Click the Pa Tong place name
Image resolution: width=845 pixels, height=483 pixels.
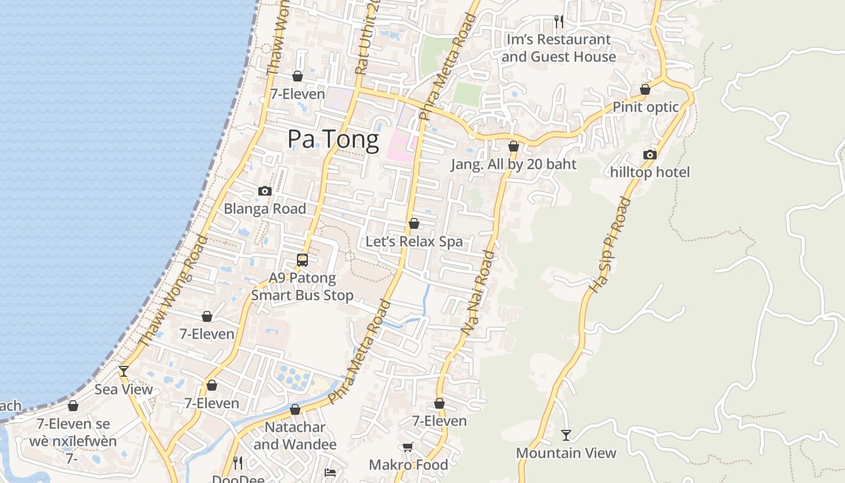[333, 139]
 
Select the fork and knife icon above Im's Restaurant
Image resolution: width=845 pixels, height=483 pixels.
[559, 22]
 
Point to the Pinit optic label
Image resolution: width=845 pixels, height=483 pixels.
[646, 107]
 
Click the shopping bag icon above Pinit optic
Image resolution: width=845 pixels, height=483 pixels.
[645, 90]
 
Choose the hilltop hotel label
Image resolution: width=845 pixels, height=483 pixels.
[649, 172]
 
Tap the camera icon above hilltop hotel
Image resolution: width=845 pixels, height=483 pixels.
[650, 155]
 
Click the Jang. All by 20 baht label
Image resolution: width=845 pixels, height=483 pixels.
[514, 164]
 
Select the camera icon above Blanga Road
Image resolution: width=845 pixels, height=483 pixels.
[265, 191]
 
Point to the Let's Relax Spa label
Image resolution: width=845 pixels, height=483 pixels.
[414, 241]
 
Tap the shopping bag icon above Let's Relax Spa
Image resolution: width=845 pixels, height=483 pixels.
[414, 224]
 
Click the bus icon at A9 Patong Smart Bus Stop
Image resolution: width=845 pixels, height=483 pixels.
[302, 260]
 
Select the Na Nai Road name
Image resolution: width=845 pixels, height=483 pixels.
[478, 293]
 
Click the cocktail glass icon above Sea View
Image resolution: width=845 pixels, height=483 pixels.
[124, 371]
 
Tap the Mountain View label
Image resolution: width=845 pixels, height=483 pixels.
[566, 453]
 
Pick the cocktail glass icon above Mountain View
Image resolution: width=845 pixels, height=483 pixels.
[566, 435]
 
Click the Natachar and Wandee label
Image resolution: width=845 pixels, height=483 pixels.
[295, 435]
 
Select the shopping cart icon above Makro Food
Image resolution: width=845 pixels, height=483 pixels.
[408, 447]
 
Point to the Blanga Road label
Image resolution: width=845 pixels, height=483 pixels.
[265, 208]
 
